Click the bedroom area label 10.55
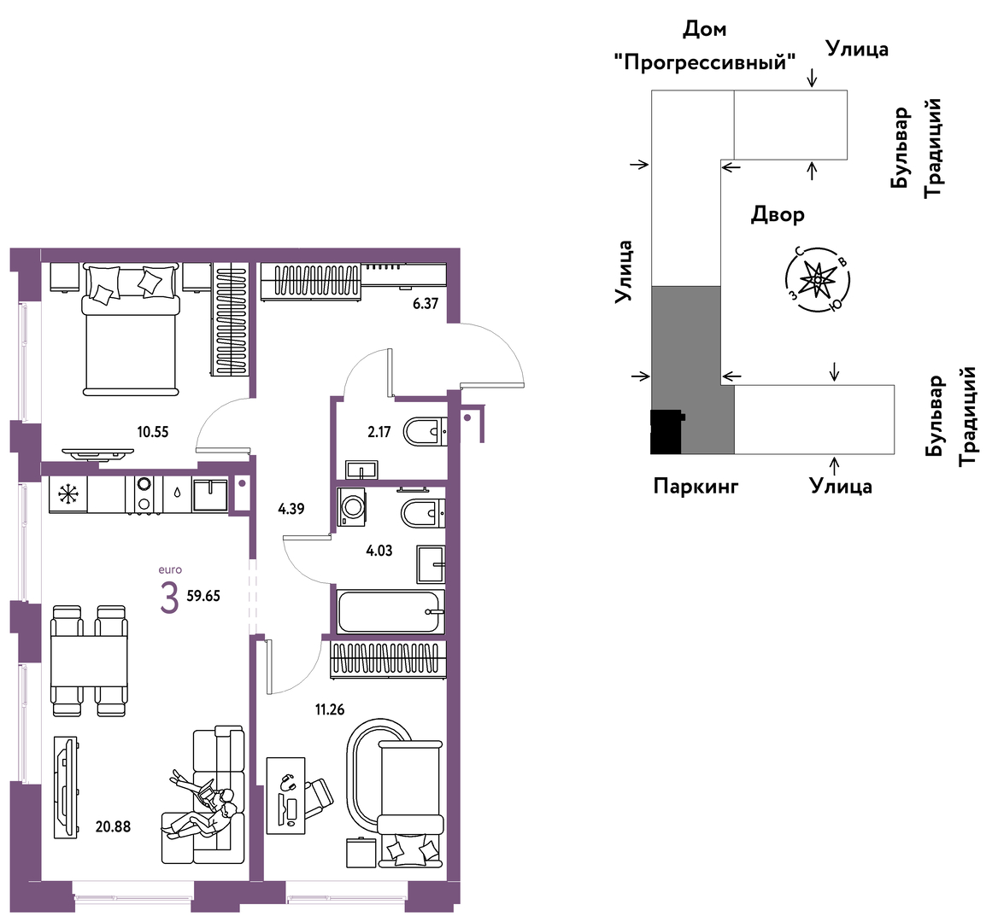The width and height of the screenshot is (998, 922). [x=153, y=432]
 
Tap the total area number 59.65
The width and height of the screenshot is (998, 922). [x=203, y=596]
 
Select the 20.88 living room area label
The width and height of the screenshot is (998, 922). [x=114, y=826]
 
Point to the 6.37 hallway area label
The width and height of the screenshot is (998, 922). [x=426, y=303]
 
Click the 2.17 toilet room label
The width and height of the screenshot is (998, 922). [x=379, y=432]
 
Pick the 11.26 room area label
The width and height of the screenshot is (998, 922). [x=330, y=709]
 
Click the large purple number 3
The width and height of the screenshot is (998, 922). [x=169, y=598]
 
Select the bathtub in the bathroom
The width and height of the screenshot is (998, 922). [x=390, y=611]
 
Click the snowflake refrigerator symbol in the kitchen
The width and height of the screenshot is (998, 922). [x=67, y=494]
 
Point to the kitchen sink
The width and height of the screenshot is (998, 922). [x=210, y=494]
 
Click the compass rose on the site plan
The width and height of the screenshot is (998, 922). [x=817, y=278]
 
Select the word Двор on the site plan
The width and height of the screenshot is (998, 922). [x=778, y=215]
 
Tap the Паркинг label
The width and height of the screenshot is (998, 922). [x=696, y=487]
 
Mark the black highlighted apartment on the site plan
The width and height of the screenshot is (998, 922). [x=666, y=431]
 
